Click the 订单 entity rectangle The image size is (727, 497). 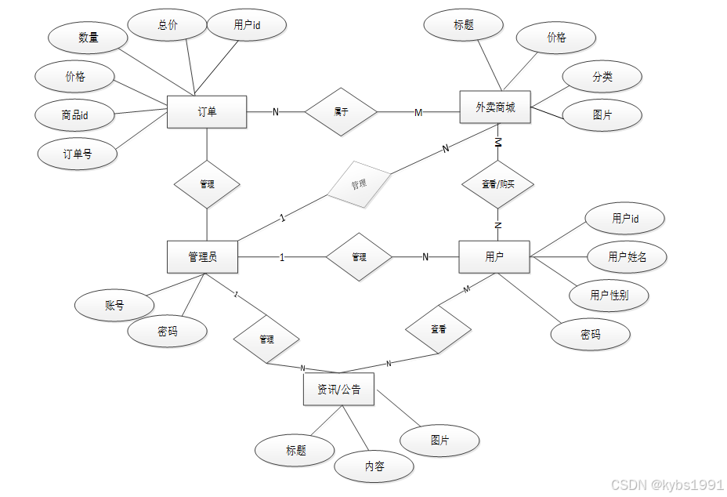(x=207, y=112)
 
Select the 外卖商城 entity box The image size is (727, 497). (x=494, y=107)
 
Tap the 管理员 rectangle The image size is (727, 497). (x=202, y=257)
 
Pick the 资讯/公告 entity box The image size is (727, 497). (x=338, y=390)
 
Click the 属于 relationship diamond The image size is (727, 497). (x=341, y=112)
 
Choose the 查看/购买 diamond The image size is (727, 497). (x=498, y=184)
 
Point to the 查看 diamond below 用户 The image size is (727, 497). (x=439, y=330)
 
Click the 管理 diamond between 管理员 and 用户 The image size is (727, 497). (x=359, y=256)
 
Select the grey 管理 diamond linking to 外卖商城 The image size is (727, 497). (x=359, y=185)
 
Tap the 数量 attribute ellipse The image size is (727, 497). (x=88, y=38)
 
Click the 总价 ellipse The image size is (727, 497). (x=168, y=25)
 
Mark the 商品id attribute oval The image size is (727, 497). (x=74, y=115)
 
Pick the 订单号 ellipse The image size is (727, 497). (x=78, y=154)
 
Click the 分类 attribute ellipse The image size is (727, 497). (x=602, y=77)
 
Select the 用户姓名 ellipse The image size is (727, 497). (x=627, y=256)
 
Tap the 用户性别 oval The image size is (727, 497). (x=609, y=295)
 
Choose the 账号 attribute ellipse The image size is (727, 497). (x=114, y=305)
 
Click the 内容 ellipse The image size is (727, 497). (x=374, y=466)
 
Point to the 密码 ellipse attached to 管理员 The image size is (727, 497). (x=168, y=332)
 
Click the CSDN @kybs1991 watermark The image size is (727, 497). (x=667, y=484)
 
